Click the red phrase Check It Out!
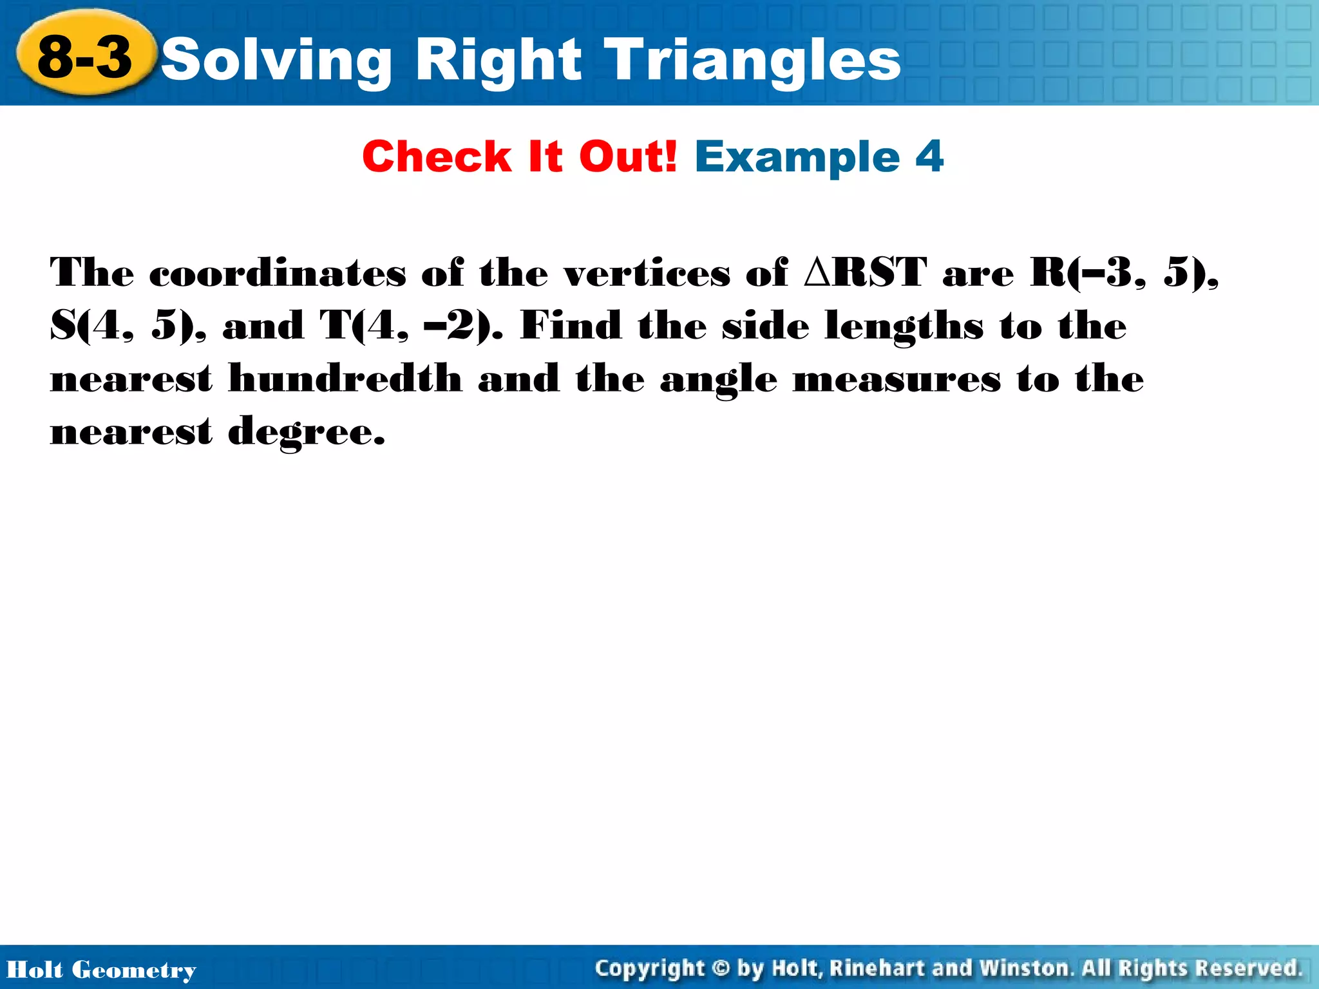[x=520, y=156]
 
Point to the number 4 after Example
[x=929, y=156]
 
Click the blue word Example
[x=797, y=158]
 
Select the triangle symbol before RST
[x=819, y=272]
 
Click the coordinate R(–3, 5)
[x=1124, y=272]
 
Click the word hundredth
[x=345, y=378]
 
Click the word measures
[x=897, y=379]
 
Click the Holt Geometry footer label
[x=101, y=970]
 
